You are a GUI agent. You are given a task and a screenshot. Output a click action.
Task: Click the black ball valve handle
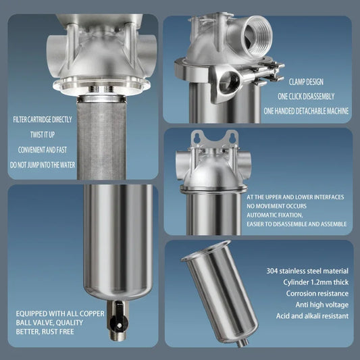point(114,313)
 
